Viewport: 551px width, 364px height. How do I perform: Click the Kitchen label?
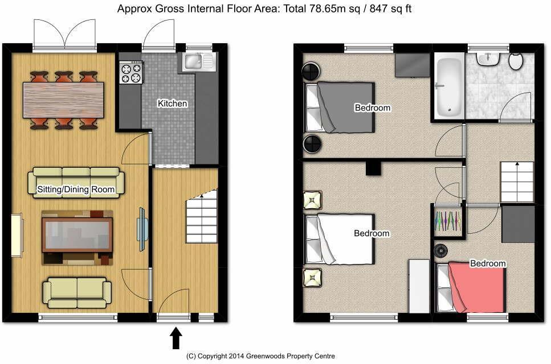173,104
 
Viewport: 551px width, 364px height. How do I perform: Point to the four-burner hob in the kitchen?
130,72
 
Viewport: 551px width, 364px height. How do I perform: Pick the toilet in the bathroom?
516,61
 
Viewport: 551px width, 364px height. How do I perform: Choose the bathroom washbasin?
489,57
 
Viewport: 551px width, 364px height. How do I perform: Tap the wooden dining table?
63,100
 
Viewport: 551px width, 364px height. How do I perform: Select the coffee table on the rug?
77,235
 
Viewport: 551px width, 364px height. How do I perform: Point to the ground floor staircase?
202,216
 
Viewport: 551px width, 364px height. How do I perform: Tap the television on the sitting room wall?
142,226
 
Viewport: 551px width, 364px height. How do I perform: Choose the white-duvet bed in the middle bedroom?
340,239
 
